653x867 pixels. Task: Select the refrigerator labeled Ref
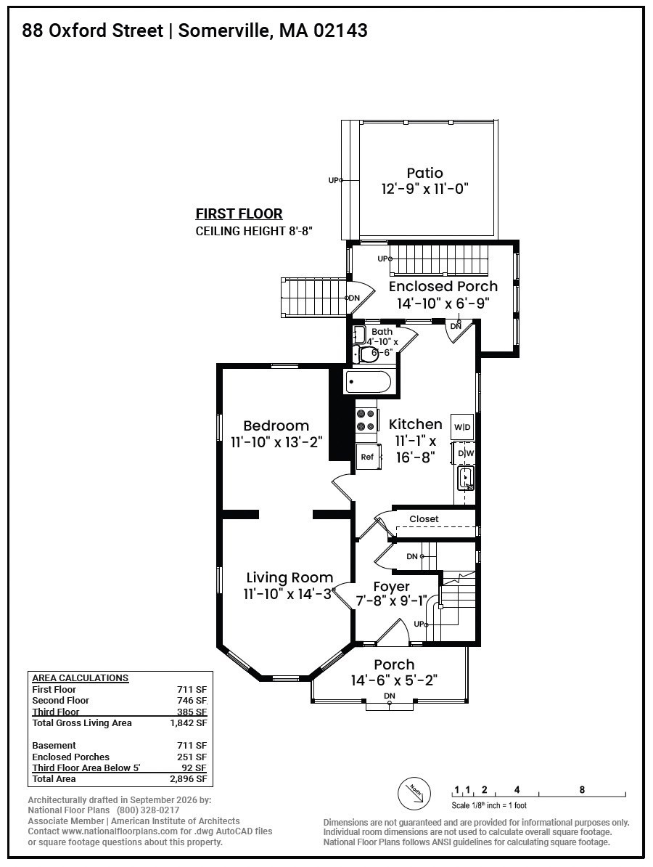(x=368, y=457)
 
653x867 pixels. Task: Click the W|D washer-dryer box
(x=462, y=427)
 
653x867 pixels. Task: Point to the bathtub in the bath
(x=367, y=381)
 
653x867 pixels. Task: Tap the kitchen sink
(x=467, y=478)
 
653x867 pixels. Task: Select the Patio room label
(x=425, y=173)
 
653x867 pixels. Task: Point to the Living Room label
(x=289, y=578)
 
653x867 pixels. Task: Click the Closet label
(x=424, y=518)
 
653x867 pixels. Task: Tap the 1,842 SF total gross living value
(x=189, y=722)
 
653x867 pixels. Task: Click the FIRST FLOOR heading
(x=239, y=213)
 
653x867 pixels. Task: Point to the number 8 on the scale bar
(x=582, y=789)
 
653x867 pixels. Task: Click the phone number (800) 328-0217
(x=148, y=810)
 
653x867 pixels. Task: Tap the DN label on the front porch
(x=390, y=696)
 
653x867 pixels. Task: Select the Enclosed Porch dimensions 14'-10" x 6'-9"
(x=443, y=303)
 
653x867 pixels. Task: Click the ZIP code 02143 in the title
(x=340, y=30)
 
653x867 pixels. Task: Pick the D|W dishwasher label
(x=466, y=453)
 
